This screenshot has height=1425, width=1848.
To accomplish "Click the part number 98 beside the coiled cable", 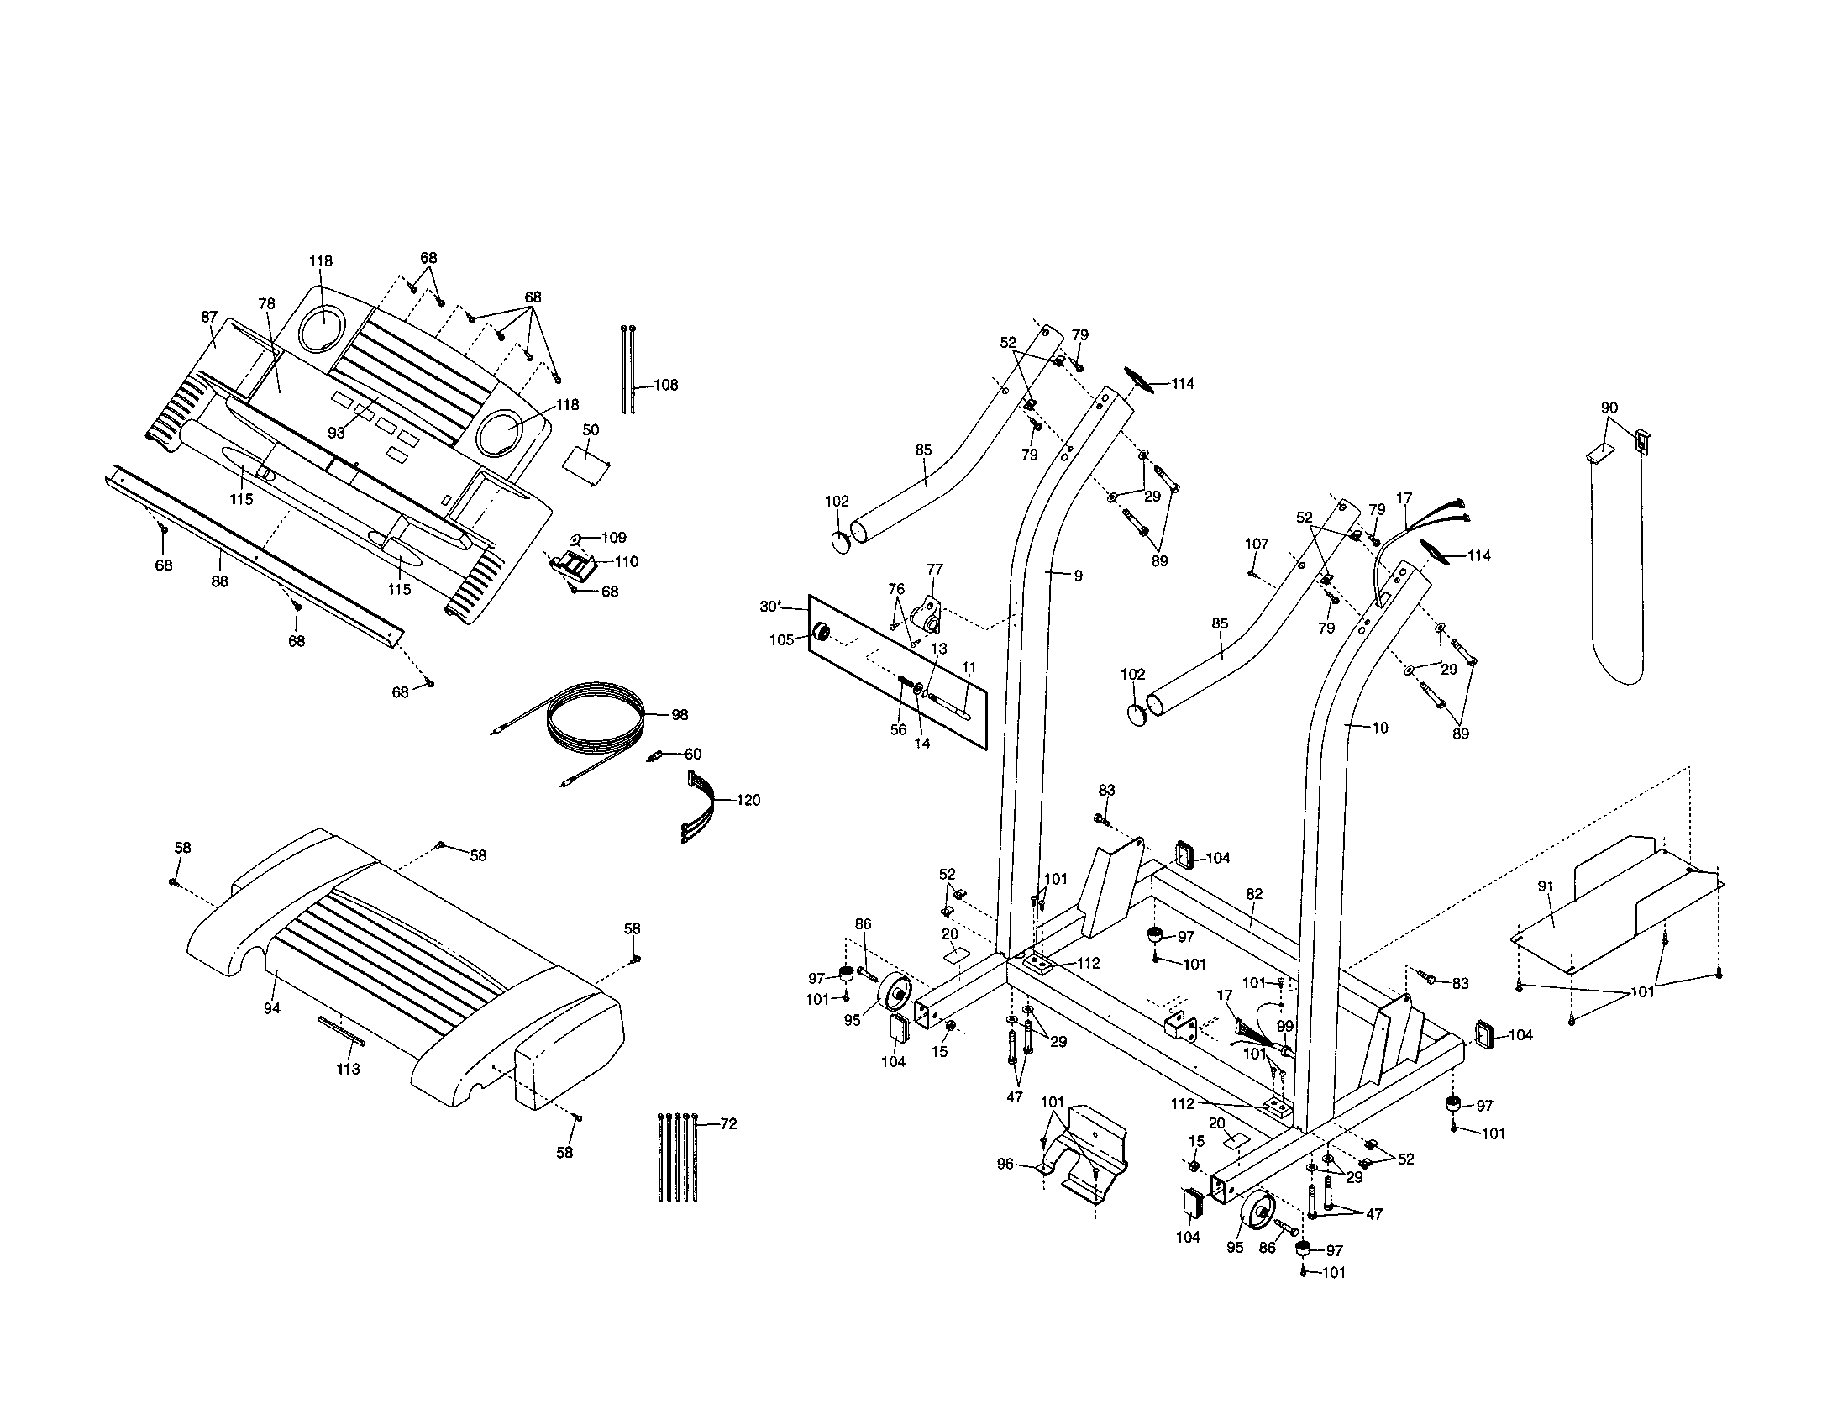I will pyautogui.click(x=679, y=715).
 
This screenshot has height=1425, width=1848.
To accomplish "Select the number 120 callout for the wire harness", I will pyautogui.click(x=747, y=800).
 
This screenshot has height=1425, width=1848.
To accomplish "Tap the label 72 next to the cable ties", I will pyautogui.click(x=727, y=1123).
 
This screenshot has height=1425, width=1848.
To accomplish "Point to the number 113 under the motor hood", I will pyautogui.click(x=348, y=1069).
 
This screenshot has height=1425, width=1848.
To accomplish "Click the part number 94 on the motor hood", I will pyautogui.click(x=271, y=1007).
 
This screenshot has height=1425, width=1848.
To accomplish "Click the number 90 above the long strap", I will pyautogui.click(x=1609, y=408).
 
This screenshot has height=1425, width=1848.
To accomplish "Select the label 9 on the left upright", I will pyautogui.click(x=1077, y=576).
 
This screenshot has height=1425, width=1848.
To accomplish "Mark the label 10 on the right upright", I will pyautogui.click(x=1379, y=727).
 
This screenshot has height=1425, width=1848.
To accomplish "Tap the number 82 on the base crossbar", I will pyautogui.click(x=1254, y=894).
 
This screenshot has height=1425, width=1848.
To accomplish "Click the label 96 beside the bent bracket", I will pyautogui.click(x=1005, y=1164).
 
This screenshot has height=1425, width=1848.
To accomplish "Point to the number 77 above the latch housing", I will pyautogui.click(x=934, y=570).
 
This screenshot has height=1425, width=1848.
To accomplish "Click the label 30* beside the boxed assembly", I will pyautogui.click(x=770, y=606).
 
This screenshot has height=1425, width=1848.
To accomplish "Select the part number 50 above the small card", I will pyautogui.click(x=591, y=430).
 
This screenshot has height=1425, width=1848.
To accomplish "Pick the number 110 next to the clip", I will pyautogui.click(x=626, y=561).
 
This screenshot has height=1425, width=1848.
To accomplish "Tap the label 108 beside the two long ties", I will pyautogui.click(x=666, y=385).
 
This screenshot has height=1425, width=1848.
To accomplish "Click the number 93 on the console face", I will pyautogui.click(x=336, y=433).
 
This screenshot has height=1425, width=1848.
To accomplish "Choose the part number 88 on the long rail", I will pyautogui.click(x=219, y=581).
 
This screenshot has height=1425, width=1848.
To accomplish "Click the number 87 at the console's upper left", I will pyautogui.click(x=209, y=317).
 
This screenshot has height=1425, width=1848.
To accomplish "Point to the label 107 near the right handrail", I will pyautogui.click(x=1257, y=544).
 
